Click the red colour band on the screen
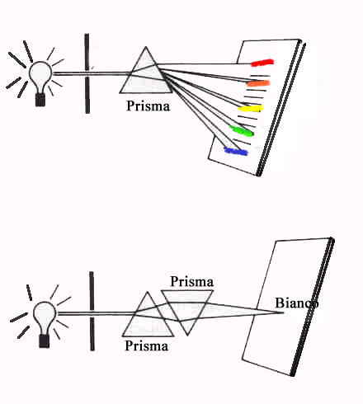[262, 63]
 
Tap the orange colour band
[258, 83]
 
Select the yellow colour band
[251, 108]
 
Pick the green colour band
[242, 131]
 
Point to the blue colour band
[236, 151]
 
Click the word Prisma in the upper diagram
[148, 106]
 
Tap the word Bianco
[297, 303]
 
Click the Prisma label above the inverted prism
[191, 281]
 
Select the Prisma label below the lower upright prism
[146, 345]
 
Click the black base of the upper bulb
[40, 100]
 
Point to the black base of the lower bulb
[45, 341]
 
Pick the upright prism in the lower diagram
[148, 319]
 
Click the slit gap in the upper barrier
[87, 73]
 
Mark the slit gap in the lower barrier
[92, 313]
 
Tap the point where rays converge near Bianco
[283, 312]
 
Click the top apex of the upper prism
[146, 47]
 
